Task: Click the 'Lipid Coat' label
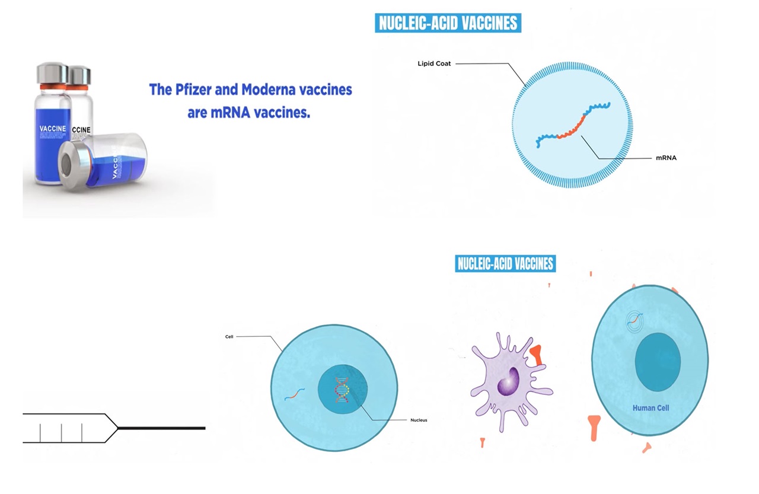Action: (434, 63)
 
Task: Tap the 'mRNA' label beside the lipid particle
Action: (666, 158)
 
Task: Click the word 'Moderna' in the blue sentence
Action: (267, 90)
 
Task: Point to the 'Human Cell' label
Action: (650, 408)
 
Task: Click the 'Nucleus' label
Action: (419, 420)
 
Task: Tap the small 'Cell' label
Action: (229, 337)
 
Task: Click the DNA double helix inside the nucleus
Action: (342, 390)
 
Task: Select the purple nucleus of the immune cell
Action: (508, 381)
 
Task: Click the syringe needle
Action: (162, 428)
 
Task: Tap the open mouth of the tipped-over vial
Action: (66, 166)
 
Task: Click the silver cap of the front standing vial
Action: (53, 73)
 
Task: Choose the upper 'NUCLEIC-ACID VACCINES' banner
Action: (448, 23)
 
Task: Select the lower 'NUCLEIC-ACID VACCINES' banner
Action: (505, 263)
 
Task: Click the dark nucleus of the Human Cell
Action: (658, 362)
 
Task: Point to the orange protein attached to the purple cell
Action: (537, 355)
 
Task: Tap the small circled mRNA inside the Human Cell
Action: (634, 320)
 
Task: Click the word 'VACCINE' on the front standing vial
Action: (53, 129)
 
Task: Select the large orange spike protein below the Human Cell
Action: (594, 428)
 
